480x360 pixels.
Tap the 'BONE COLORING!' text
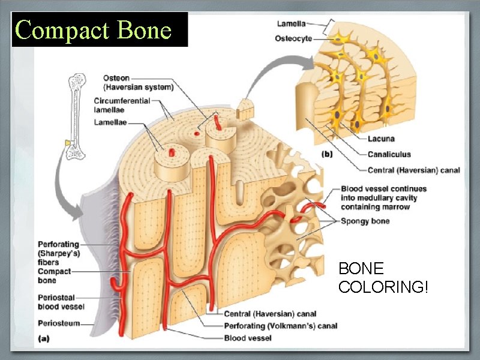pyautogui.click(x=383, y=277)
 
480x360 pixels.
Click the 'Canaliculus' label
pyautogui.click(x=389, y=154)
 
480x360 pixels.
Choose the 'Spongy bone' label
pyautogui.click(x=365, y=221)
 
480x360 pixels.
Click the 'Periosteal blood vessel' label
pyautogui.click(x=61, y=302)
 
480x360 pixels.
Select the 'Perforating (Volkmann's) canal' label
pyautogui.click(x=280, y=326)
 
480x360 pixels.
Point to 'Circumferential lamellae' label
pyautogui.click(x=121, y=105)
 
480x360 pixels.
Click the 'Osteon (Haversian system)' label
pyautogui.click(x=138, y=83)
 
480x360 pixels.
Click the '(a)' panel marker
pyautogui.click(x=43, y=338)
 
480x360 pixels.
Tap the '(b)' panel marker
pyautogui.click(x=326, y=154)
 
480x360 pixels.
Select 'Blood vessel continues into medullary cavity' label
pyautogui.click(x=383, y=197)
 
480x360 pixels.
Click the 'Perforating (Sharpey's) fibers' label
pyautogui.click(x=58, y=253)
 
